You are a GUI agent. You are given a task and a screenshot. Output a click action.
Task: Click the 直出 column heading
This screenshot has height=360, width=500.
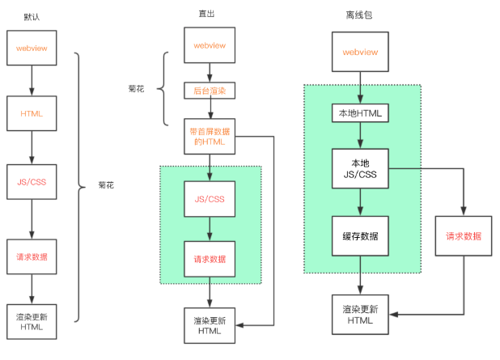click(208, 14)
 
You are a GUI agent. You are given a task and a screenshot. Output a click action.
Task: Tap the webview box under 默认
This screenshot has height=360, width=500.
click(32, 49)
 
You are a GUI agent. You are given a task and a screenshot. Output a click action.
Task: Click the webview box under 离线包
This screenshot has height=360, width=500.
click(361, 52)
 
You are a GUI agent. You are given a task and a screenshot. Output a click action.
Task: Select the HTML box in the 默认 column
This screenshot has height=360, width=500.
click(32, 114)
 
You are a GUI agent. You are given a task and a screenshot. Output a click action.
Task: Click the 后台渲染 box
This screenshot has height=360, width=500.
click(210, 91)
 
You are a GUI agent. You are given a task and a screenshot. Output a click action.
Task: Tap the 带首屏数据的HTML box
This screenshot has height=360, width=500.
click(210, 136)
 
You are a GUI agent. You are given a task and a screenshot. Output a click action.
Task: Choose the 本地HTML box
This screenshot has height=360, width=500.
click(361, 113)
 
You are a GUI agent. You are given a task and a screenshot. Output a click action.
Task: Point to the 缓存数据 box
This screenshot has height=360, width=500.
click(361, 235)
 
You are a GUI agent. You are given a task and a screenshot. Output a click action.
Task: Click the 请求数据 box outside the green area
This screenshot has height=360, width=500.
click(463, 236)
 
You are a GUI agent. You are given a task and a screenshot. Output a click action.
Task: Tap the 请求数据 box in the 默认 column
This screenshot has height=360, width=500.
click(32, 256)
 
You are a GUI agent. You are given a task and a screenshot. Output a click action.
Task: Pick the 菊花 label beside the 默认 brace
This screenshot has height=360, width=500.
click(105, 185)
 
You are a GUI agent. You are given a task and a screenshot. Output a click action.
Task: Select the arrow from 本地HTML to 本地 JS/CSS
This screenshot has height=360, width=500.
click(361, 135)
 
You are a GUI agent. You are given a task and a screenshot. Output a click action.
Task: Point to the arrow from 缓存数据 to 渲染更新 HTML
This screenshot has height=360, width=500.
click(361, 276)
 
